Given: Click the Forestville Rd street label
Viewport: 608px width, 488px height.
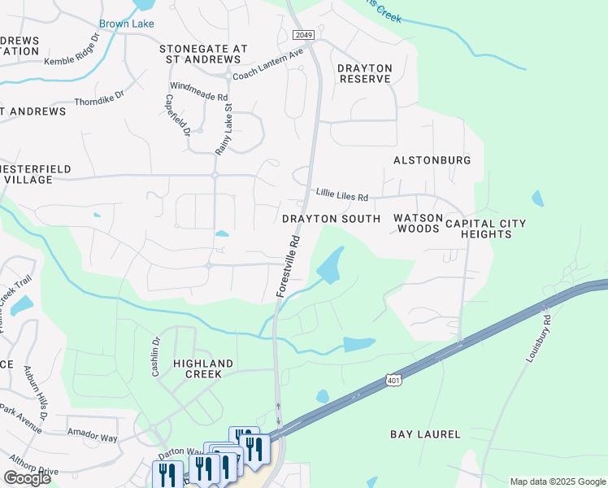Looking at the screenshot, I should [289, 266].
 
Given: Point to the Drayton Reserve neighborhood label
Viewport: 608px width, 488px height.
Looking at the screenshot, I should [365, 73].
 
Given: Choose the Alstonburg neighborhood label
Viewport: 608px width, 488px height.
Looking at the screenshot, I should [432, 160].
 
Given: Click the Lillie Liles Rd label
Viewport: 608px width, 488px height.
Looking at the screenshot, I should [342, 197].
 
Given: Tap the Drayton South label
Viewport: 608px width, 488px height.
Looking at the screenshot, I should [331, 219].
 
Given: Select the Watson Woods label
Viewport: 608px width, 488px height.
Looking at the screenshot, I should [418, 224].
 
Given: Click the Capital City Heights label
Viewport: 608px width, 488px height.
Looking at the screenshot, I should [485, 229].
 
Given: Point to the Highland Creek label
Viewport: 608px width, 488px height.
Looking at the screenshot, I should [203, 368].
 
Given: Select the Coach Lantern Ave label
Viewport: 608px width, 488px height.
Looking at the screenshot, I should [267, 64].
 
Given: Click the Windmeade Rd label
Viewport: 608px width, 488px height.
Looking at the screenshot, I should [198, 91].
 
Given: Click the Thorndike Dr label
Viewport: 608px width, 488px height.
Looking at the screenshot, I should [99, 98].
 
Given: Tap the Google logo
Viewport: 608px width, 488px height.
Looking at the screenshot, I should [28, 478].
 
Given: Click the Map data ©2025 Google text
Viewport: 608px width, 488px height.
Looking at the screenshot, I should [557, 481].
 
